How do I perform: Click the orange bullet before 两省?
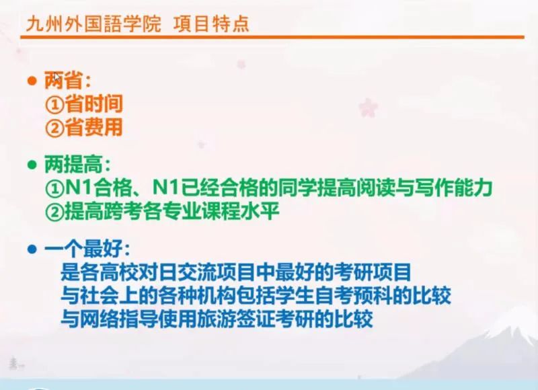click(x=32, y=81)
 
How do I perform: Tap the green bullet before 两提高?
click(x=32, y=165)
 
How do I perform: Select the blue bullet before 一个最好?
click(x=32, y=249)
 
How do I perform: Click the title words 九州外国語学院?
click(x=93, y=24)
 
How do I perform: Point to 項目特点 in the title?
click(x=211, y=24)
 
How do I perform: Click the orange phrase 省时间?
click(x=93, y=104)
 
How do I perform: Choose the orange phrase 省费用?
click(x=93, y=127)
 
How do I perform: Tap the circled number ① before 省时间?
click(x=54, y=105)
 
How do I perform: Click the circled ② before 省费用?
click(x=54, y=128)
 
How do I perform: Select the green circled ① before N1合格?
click(x=54, y=188)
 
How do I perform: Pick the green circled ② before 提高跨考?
click(x=54, y=211)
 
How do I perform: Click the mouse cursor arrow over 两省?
click(x=57, y=77)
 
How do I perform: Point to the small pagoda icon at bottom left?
click(x=13, y=363)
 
